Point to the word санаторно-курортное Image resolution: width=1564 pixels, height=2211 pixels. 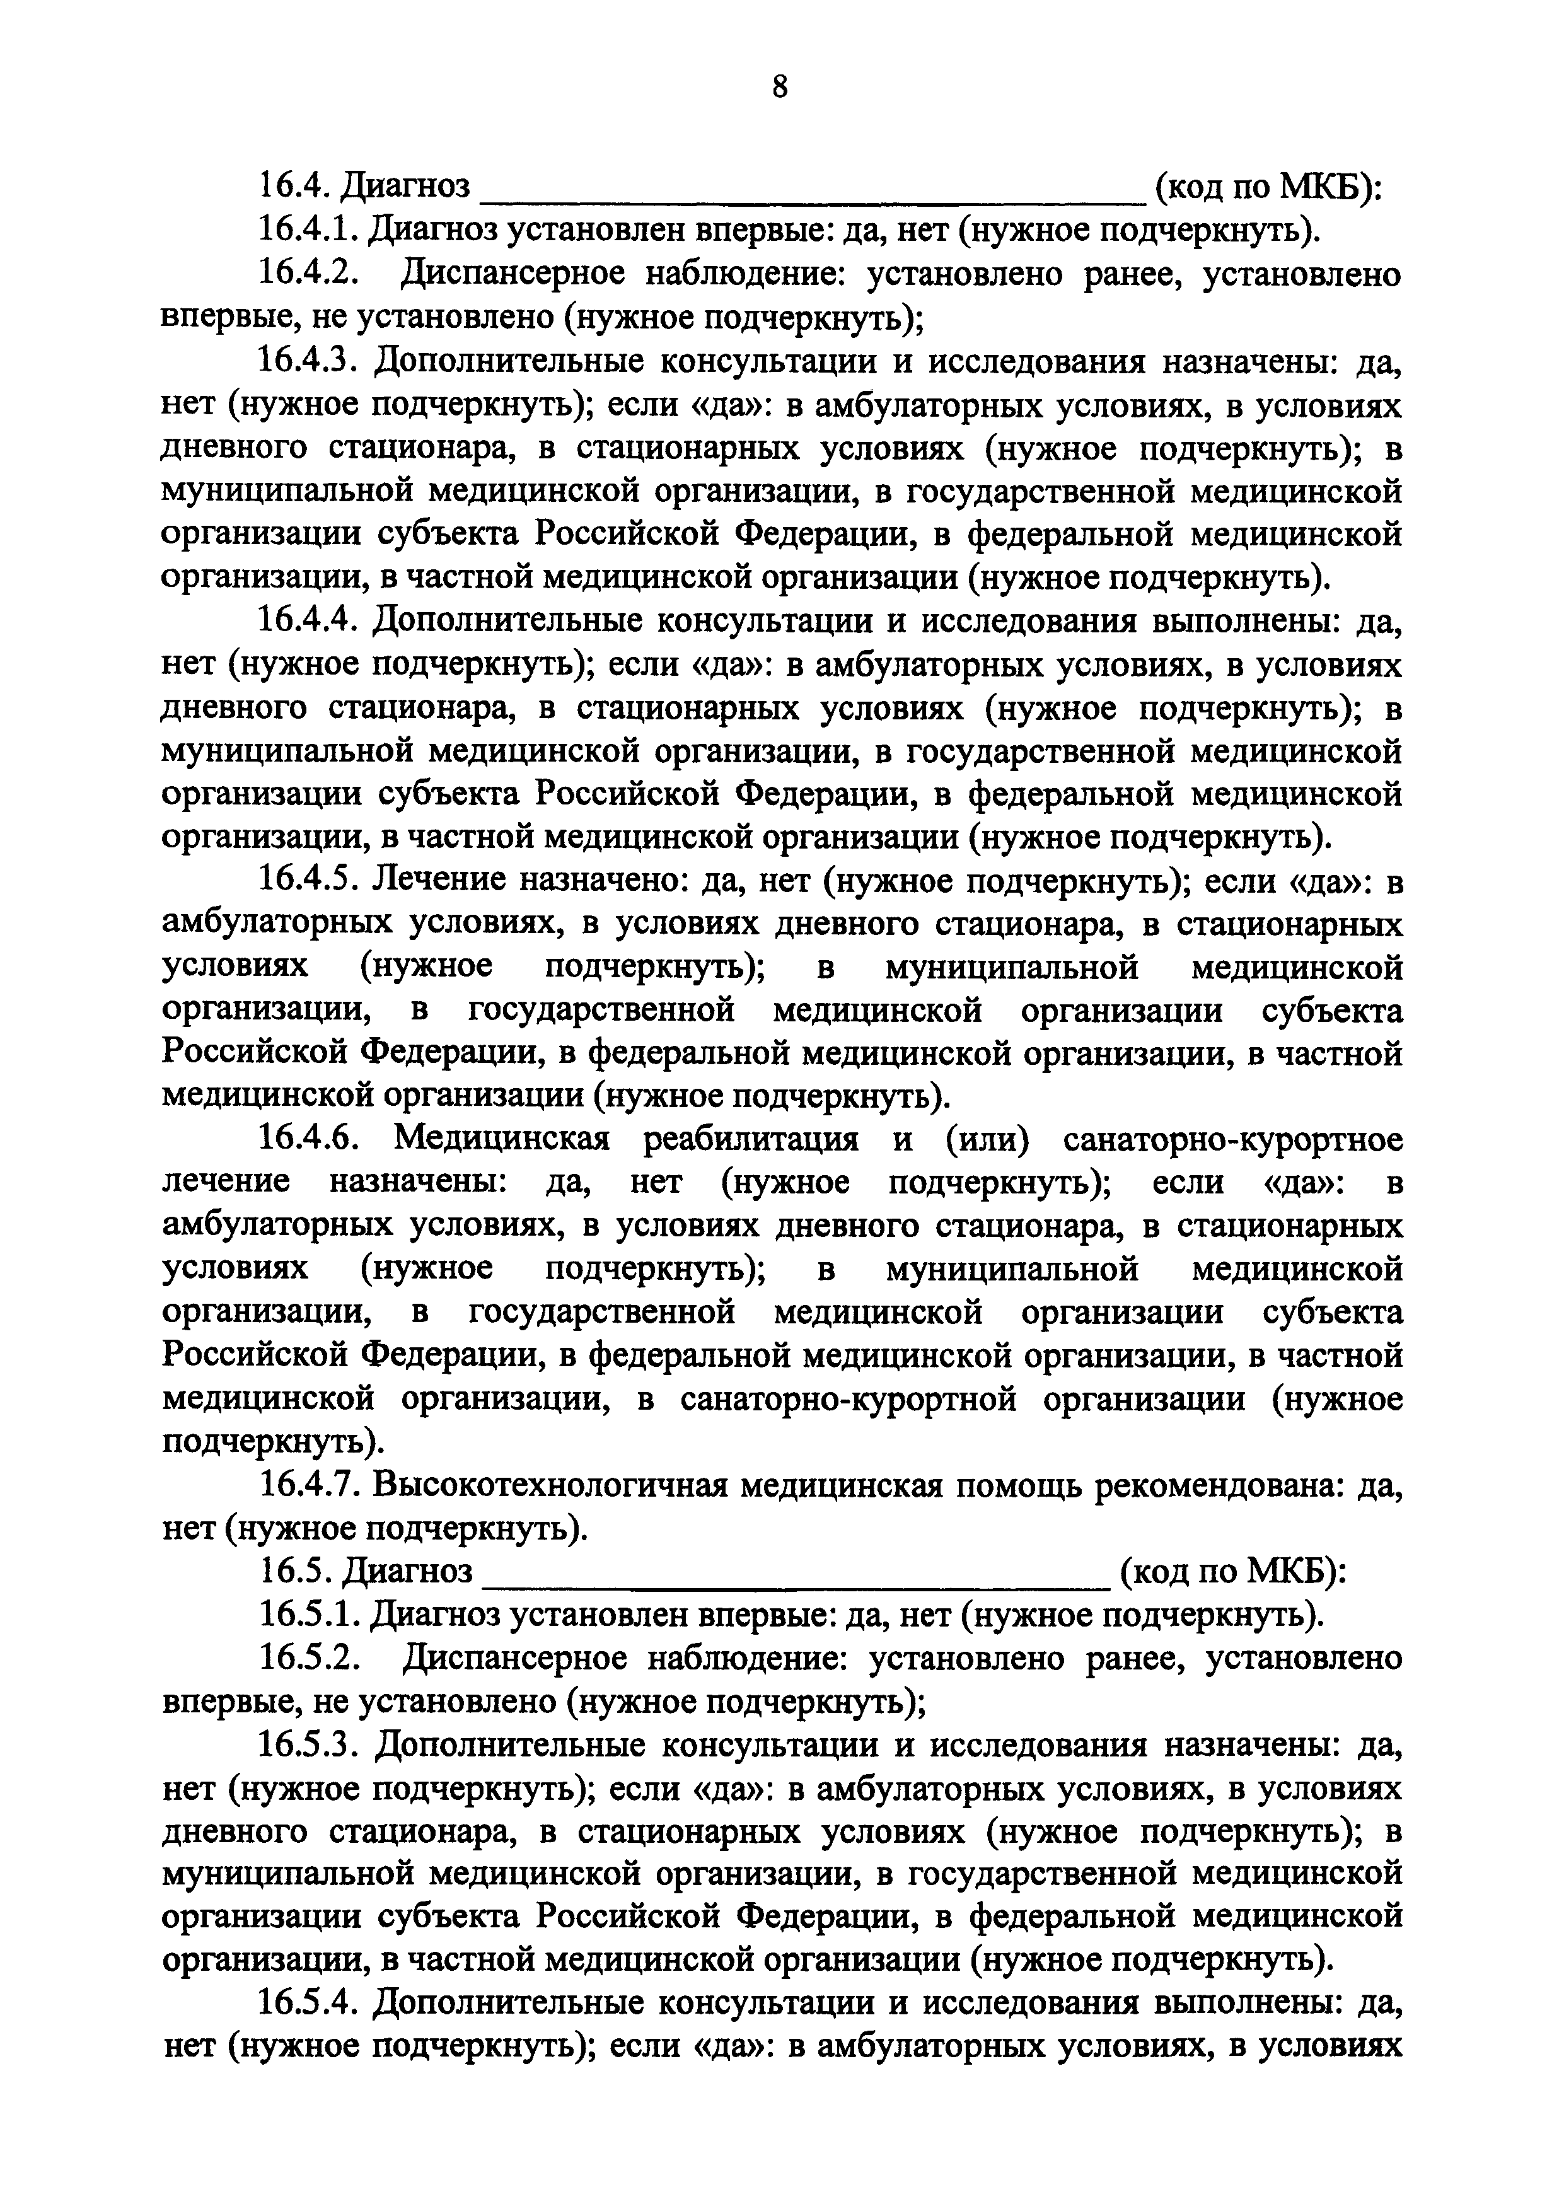1232,1140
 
